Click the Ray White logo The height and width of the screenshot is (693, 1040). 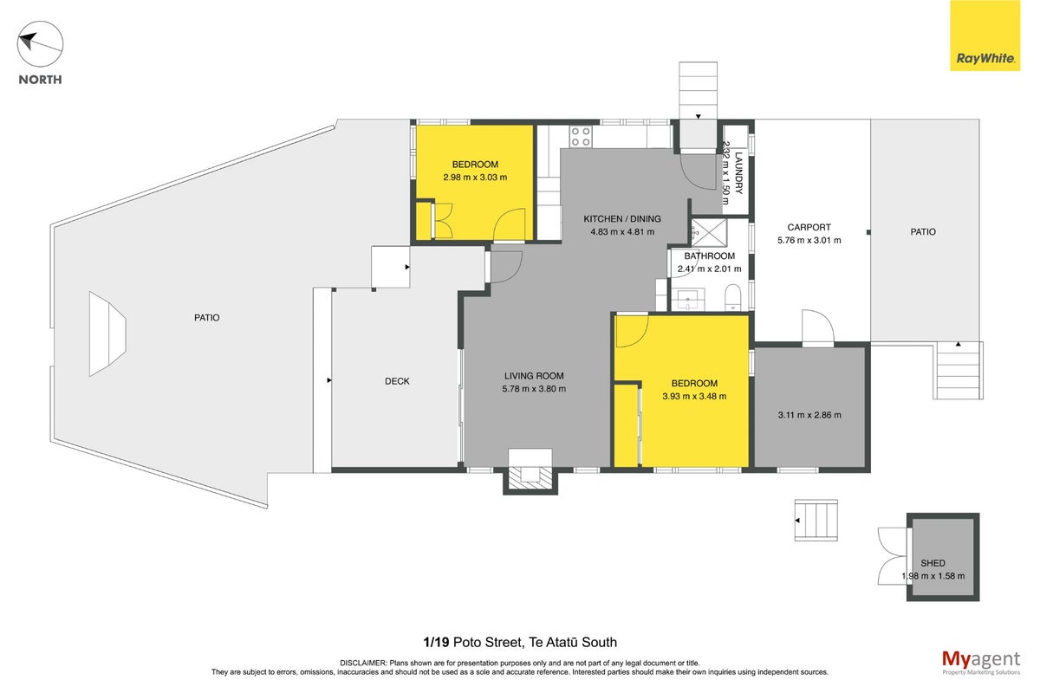(985, 36)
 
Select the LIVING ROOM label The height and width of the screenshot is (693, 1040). (534, 376)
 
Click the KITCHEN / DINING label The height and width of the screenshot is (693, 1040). (622, 218)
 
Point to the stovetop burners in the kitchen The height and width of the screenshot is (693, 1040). (581, 137)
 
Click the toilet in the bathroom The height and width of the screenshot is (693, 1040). (734, 297)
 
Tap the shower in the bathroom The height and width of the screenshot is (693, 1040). (709, 232)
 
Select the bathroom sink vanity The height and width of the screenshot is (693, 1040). (688, 300)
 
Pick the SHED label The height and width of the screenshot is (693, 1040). (933, 563)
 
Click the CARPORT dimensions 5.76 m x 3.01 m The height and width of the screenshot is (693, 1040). (809, 240)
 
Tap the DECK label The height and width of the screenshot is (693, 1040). (397, 381)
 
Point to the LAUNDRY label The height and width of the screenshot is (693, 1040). (738, 172)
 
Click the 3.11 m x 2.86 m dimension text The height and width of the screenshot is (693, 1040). (809, 415)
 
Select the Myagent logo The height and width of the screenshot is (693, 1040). (981, 663)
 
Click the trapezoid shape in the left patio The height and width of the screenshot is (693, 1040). (107, 334)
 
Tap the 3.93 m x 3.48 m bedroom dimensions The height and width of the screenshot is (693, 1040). (694, 396)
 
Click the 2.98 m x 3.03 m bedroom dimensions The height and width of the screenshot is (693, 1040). (475, 177)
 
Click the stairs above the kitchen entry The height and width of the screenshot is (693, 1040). (698, 90)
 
